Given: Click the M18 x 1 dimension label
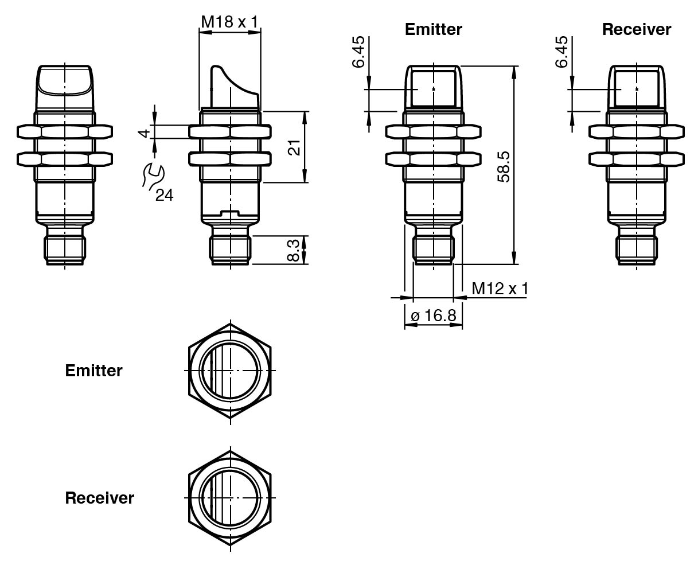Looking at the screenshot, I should (x=229, y=22).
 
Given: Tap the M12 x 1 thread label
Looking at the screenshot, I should (x=500, y=289).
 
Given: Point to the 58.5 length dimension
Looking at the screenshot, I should (x=504, y=167).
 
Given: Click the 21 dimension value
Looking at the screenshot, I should (x=294, y=147).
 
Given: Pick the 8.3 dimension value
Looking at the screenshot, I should (x=293, y=251).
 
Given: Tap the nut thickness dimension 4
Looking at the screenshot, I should (x=145, y=132).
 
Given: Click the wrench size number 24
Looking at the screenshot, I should (x=164, y=196).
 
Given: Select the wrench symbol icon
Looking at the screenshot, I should (x=152, y=175).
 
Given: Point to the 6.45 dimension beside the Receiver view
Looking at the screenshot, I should (x=562, y=51).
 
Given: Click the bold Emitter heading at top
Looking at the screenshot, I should (x=433, y=30).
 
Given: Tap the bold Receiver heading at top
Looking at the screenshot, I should (x=636, y=30).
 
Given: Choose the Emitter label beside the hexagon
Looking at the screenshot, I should (x=93, y=371).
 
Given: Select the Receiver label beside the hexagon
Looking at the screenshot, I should (x=99, y=498).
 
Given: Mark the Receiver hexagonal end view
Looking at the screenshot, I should (x=230, y=497).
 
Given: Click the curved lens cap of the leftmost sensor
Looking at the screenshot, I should (x=65, y=80).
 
